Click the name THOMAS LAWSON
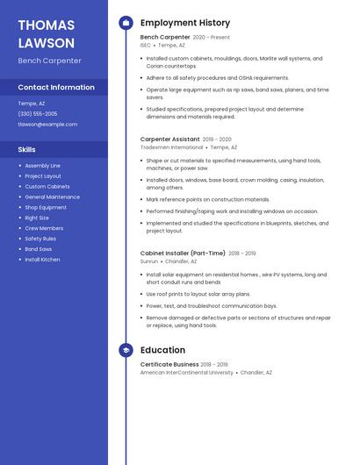tap(47, 33)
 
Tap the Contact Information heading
tap(56, 87)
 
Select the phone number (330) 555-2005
tap(38, 114)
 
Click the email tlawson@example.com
tap(47, 125)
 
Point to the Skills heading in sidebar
tap(27, 149)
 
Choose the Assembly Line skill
tap(42, 166)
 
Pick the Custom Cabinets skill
tap(47, 187)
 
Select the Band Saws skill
tap(39, 249)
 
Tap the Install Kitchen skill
tap(42, 260)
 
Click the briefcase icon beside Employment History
tap(126, 23)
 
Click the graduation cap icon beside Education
tap(126, 350)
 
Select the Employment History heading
tap(185, 23)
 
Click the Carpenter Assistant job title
tap(169, 139)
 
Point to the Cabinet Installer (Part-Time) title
tap(183, 253)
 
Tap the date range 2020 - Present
tap(212, 38)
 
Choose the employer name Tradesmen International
tap(170, 147)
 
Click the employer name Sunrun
tap(149, 261)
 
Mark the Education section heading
tap(162, 350)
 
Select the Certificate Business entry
tap(169, 364)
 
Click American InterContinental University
tap(187, 372)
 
